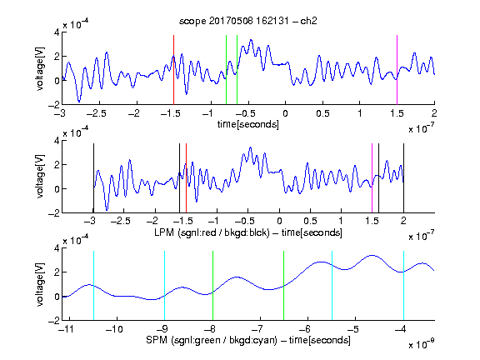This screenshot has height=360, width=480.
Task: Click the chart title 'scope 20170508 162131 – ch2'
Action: [248, 21]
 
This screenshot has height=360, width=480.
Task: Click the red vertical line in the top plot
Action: [173, 70]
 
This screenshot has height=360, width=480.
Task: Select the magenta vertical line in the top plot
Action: [397, 70]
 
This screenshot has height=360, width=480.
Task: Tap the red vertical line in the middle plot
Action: [186, 177]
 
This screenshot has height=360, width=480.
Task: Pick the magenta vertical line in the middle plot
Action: [372, 177]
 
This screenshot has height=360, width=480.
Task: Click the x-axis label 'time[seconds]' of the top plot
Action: [248, 124]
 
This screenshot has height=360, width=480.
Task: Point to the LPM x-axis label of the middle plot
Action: [248, 232]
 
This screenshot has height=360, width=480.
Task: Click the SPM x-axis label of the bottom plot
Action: [248, 340]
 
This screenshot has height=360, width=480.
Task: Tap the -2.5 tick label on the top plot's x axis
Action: [96, 114]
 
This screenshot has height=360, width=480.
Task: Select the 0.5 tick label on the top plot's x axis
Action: [322, 114]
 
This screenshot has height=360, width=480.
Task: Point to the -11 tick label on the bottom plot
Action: [67, 329]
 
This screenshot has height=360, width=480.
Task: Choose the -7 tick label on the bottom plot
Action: [257, 329]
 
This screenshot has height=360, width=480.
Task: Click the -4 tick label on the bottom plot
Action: [400, 329]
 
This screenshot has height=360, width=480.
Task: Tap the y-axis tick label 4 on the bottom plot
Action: [57, 248]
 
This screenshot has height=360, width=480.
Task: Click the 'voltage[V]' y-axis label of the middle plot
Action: [40, 177]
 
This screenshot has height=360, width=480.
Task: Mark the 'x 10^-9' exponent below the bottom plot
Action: [421, 344]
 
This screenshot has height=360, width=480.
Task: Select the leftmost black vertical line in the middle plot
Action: [93, 177]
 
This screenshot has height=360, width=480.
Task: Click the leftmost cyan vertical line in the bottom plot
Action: [93, 286]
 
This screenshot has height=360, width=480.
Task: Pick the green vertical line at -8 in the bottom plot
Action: [212, 286]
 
